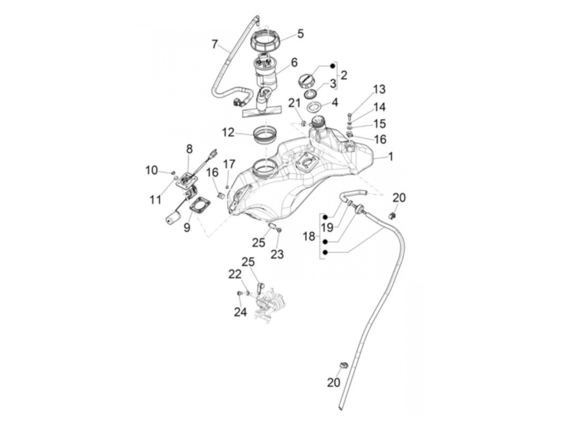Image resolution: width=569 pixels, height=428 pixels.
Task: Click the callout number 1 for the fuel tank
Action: (391, 157)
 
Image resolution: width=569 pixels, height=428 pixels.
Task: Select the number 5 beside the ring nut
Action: (300, 33)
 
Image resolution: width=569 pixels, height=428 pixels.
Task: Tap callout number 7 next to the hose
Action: (215, 44)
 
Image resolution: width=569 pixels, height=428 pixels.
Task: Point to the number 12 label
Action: (228, 132)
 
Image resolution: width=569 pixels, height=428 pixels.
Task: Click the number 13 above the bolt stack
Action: (379, 90)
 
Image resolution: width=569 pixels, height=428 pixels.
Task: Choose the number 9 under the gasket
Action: (187, 227)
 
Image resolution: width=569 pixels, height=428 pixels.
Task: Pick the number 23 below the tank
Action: (277, 254)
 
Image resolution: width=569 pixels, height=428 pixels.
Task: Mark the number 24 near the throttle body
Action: (240, 312)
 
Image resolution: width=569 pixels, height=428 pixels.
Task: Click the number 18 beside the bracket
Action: (309, 236)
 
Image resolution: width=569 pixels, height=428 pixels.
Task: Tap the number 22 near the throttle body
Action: (235, 275)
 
